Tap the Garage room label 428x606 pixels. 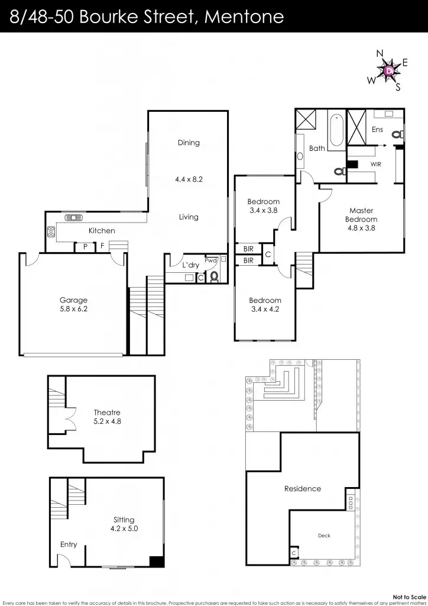(x=73, y=304)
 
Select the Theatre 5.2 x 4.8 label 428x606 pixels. (x=107, y=417)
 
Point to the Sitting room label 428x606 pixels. (x=124, y=524)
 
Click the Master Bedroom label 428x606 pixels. (x=361, y=218)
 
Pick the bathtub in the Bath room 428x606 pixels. (x=336, y=129)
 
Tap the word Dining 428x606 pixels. (x=189, y=143)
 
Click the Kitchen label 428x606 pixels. (x=102, y=231)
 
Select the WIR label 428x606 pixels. (x=376, y=163)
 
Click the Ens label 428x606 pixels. (x=377, y=130)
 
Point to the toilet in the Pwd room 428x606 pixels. (x=214, y=276)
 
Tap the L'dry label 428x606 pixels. (x=190, y=265)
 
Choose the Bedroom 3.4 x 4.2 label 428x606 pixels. (x=264, y=304)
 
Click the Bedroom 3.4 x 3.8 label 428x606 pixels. (x=264, y=205)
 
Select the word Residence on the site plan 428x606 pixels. (x=303, y=489)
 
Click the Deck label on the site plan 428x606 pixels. (x=324, y=536)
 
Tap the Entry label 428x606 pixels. (x=69, y=544)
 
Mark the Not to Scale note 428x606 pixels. (x=409, y=597)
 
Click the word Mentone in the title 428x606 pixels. (x=244, y=17)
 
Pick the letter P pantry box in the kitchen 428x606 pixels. (x=85, y=246)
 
